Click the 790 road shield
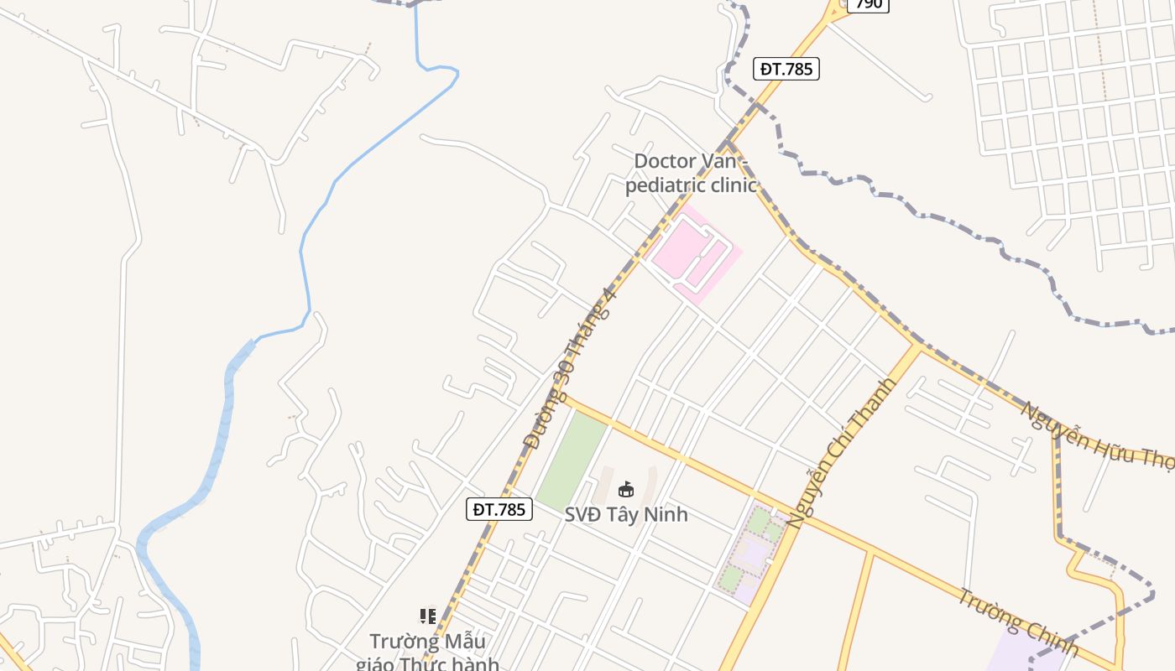(868, 4)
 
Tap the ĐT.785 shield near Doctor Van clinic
(786, 69)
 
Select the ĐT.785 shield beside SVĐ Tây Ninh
(499, 508)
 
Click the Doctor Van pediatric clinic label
(691, 173)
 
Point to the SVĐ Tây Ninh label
(625, 514)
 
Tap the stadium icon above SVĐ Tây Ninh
(625, 489)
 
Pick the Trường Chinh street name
(1017, 622)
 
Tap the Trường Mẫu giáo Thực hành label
(427, 653)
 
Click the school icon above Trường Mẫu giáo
(428, 616)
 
